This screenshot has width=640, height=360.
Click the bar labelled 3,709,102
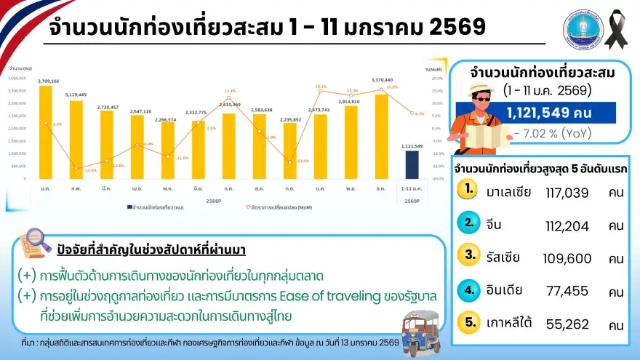(45, 132)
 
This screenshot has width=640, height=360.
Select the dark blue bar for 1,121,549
(412, 164)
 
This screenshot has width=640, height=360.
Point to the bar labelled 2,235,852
(289, 151)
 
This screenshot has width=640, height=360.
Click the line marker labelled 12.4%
(229, 98)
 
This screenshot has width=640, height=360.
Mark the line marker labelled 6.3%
(412, 113)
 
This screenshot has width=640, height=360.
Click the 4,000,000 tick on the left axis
(17, 78)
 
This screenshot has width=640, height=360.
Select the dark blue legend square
(129, 207)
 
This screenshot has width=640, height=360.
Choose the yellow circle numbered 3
(470, 255)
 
